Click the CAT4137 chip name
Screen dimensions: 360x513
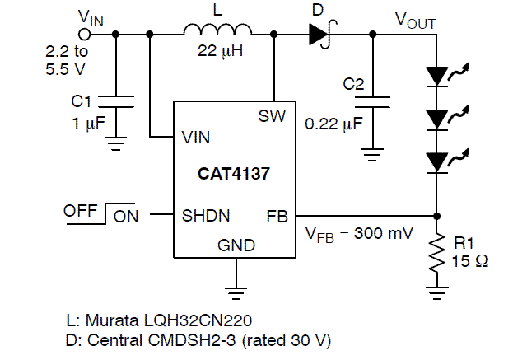pyautogui.click(x=233, y=174)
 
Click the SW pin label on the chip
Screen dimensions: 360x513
pyautogui.click(x=271, y=116)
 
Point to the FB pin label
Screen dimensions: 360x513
pyautogui.click(x=277, y=217)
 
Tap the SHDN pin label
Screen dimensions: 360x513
pyautogui.click(x=206, y=217)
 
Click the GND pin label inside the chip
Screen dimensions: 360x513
pyautogui.click(x=236, y=245)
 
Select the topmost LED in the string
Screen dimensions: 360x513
pyautogui.click(x=436, y=77)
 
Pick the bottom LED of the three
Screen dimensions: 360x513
pyautogui.click(x=436, y=161)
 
